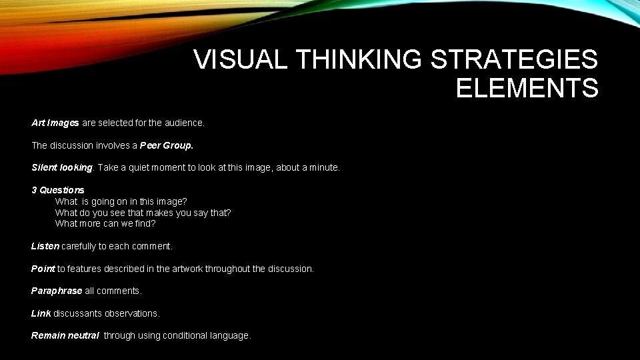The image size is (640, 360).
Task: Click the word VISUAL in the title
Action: coord(241,60)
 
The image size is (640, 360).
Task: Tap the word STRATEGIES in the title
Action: coord(514,60)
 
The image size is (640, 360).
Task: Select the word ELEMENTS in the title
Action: coord(527,88)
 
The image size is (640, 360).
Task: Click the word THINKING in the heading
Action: coord(359,60)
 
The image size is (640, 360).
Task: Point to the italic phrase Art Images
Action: coord(55,123)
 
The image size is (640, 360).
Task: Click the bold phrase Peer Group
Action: coord(166,145)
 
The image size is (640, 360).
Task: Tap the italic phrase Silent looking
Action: coord(63,167)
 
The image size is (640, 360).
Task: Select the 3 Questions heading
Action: coord(58,190)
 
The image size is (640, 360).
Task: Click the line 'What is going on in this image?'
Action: coord(121,201)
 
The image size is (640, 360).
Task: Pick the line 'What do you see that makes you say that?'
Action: coord(143,213)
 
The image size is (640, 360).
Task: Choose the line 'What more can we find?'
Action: coord(105,223)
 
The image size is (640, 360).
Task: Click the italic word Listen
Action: coord(45,246)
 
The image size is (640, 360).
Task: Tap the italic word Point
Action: coord(43,269)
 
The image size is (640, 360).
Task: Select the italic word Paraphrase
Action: coord(57,291)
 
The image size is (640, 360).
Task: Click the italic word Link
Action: coord(41,313)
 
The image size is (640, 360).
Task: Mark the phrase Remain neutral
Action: coord(65,335)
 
